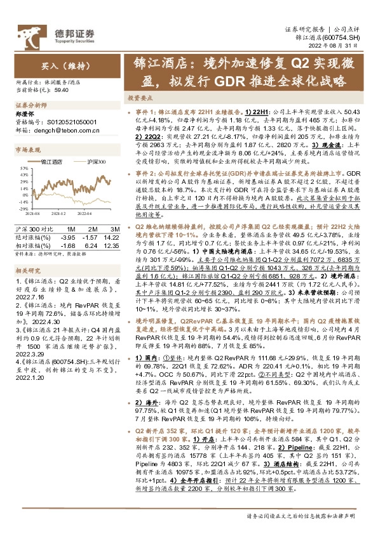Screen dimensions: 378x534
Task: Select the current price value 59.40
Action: click(x=62, y=91)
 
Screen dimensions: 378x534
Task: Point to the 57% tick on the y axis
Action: click(x=22, y=169)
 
